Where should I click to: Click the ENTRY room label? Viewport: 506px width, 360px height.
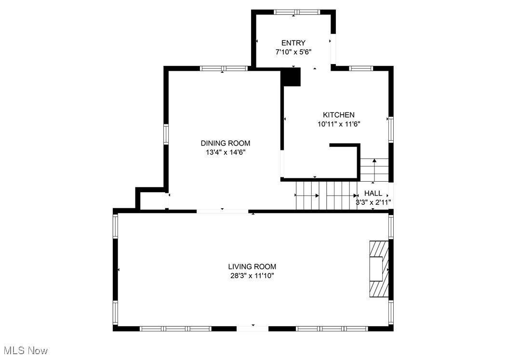(293, 43)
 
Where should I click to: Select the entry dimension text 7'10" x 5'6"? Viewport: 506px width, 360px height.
(293, 52)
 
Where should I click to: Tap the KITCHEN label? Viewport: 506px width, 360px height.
(338, 115)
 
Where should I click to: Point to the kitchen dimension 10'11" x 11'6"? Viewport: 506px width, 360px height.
(338, 124)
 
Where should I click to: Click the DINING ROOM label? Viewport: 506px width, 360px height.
(226, 143)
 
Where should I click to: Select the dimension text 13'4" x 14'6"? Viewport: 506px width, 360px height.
(226, 152)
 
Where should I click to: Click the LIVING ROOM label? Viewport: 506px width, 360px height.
(252, 267)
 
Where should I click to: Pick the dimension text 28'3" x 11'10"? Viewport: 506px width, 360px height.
(252, 276)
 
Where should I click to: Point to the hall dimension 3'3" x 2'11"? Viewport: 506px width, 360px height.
(373, 202)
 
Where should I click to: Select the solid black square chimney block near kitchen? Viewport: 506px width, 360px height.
(291, 77)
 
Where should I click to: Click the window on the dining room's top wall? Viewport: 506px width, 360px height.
(224, 68)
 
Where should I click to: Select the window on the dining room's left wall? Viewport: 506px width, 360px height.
(166, 134)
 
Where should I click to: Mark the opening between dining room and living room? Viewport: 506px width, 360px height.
(222, 211)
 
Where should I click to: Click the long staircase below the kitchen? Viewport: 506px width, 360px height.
(326, 196)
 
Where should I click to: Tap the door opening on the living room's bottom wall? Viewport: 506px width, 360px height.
(252, 329)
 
